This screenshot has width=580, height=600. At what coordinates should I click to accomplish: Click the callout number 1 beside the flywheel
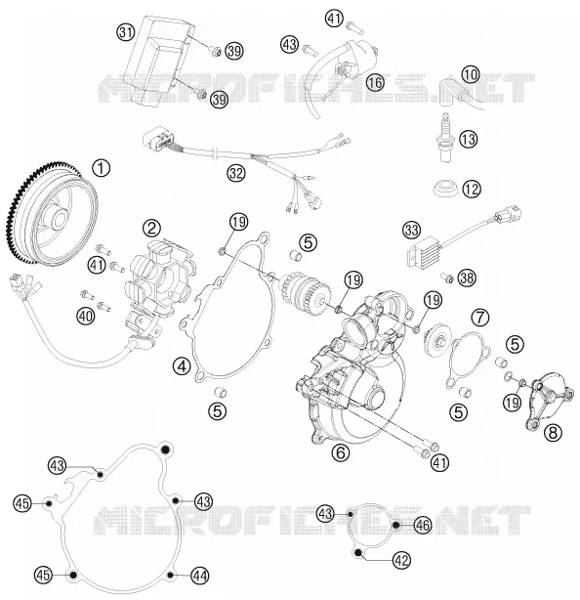[x=102, y=168]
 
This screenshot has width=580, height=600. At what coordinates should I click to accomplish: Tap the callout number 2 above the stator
[x=151, y=229]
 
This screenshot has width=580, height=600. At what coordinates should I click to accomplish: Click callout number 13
[x=469, y=139]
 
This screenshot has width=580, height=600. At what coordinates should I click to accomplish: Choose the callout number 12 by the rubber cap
[x=472, y=189]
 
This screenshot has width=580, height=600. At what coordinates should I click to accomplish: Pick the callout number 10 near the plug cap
[x=471, y=74]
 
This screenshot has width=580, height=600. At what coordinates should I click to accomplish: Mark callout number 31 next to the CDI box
[x=126, y=32]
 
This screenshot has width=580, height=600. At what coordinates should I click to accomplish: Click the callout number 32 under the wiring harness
[x=236, y=173]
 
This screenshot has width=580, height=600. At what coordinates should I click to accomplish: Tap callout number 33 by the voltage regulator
[x=412, y=231]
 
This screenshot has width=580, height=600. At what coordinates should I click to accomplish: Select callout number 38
[x=467, y=279]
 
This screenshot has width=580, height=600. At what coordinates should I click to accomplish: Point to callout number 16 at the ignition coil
[x=375, y=82]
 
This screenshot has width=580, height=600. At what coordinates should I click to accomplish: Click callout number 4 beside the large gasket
[x=182, y=366]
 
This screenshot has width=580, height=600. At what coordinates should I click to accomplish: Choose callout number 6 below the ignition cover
[x=341, y=452]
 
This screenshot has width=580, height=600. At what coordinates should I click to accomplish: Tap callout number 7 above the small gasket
[x=480, y=317]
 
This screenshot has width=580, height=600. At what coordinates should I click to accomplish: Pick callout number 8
[x=554, y=433]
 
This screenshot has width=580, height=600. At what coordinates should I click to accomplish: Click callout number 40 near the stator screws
[x=86, y=316]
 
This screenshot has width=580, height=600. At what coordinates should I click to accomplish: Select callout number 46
[x=423, y=525]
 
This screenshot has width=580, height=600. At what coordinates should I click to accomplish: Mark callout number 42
[x=401, y=560]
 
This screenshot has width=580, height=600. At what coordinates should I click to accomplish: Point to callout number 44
[x=200, y=576]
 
